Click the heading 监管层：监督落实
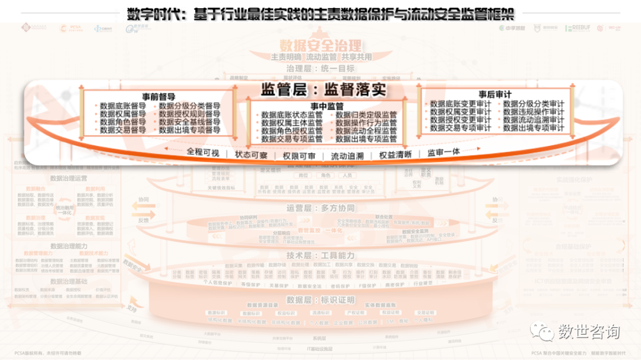(323, 90)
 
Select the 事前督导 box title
(158, 96)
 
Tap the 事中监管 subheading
(322, 106)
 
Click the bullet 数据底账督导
(122, 106)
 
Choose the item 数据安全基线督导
(189, 122)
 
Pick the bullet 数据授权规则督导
(189, 114)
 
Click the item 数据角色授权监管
(291, 131)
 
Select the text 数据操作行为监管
(366, 123)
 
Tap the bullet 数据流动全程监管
(366, 131)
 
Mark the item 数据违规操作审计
(534, 111)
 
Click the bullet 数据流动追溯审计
(534, 120)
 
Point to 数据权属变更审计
(461, 111)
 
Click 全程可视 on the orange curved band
(203, 152)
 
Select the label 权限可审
(299, 155)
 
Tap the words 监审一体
(443, 152)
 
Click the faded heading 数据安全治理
(320, 45)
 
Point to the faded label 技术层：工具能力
(320, 255)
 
